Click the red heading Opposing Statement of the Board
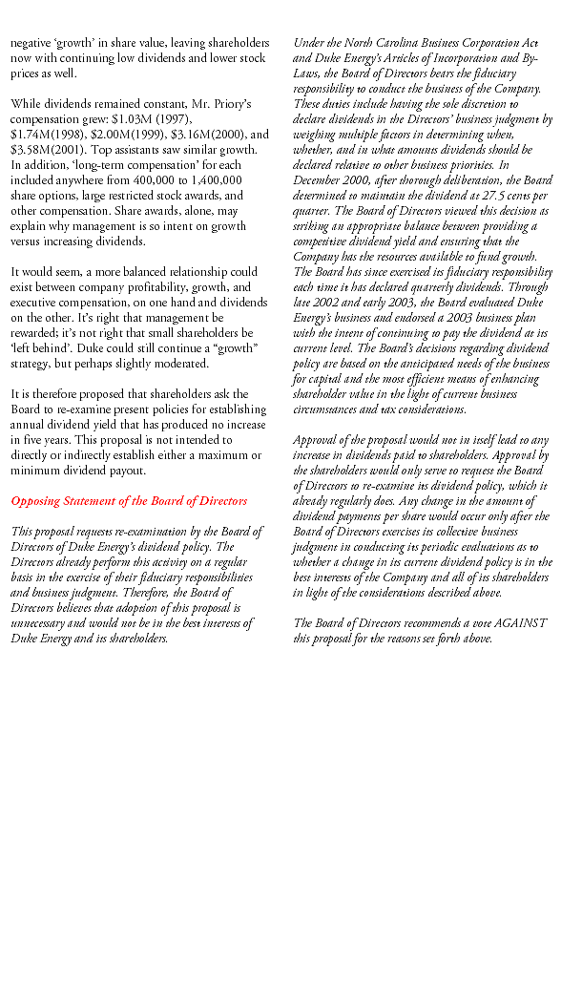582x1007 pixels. coord(129,500)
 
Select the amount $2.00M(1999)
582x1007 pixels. coord(122,134)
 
